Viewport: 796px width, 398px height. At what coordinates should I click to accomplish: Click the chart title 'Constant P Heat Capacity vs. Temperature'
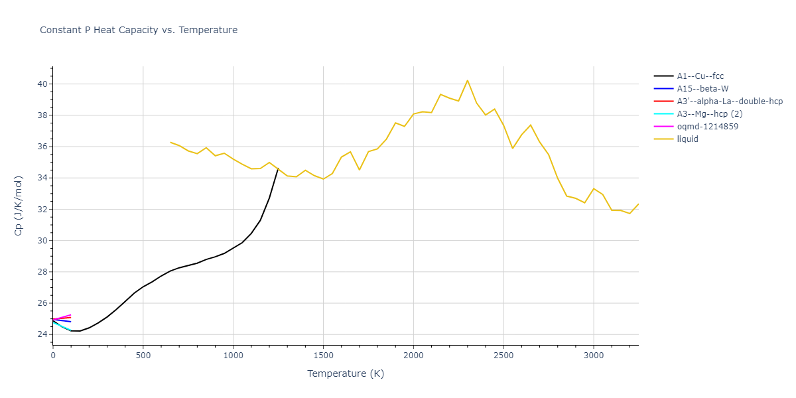pos(139,30)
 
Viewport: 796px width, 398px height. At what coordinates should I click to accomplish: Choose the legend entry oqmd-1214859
pos(708,127)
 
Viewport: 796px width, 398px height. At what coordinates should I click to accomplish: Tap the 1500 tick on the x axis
pos(323,356)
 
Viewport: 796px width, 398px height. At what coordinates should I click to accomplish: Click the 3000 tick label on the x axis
pos(593,356)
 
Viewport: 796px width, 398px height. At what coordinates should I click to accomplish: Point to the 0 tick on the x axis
pos(53,356)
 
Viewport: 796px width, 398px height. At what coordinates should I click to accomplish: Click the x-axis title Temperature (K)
pos(346,373)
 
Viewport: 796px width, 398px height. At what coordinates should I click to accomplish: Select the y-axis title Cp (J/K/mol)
pos(19,206)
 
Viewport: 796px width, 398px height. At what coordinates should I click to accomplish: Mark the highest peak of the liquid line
pos(468,80)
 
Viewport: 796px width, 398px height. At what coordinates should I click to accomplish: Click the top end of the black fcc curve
pos(278,168)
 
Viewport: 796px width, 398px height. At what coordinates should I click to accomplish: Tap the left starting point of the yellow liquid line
pos(170,142)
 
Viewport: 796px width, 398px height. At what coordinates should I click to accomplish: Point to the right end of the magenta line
pos(71,315)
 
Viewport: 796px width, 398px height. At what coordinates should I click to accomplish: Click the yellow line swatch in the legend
pos(664,139)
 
